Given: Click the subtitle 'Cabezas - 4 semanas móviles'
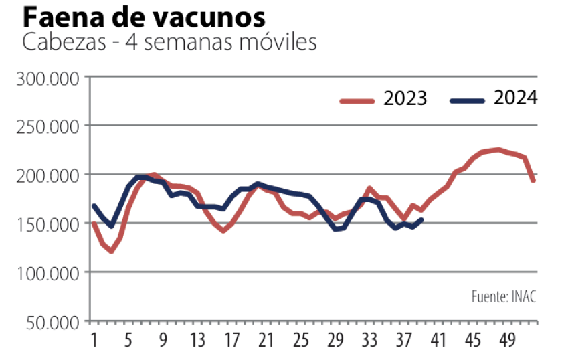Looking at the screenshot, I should click(169, 42).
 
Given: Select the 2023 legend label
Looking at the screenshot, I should click(405, 99).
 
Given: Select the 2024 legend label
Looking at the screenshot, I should click(515, 98).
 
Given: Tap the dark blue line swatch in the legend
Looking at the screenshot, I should click(467, 101).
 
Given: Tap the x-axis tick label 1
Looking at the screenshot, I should click(94, 341).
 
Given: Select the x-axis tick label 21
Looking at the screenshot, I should click(266, 341).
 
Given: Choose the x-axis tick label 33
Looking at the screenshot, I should click(370, 341).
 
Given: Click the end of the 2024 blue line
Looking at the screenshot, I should click(421, 219).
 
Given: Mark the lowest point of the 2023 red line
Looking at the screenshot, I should click(111, 251).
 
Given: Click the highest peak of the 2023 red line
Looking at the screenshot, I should click(498, 149).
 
